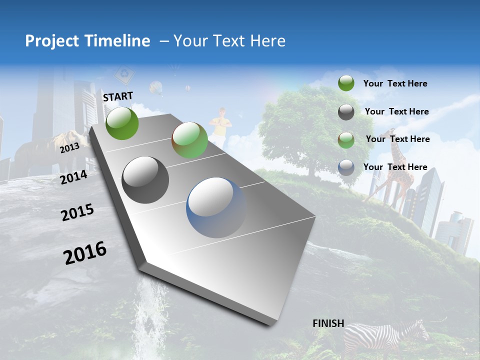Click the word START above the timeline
tap(118, 96)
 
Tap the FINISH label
tap(328, 323)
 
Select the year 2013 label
tap(69, 148)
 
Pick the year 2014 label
tap(73, 177)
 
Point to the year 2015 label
tap(77, 212)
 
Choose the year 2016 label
tap(85, 253)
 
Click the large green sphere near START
tap(122, 123)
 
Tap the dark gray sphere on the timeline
tap(145, 179)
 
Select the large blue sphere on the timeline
tap(217, 207)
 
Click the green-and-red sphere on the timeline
tap(189, 140)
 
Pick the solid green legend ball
tap(346, 83)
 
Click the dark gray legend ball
tap(346, 112)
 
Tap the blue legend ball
tap(346, 167)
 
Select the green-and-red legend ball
tap(346, 139)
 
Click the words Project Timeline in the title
tap(87, 41)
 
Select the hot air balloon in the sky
tap(157, 88)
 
